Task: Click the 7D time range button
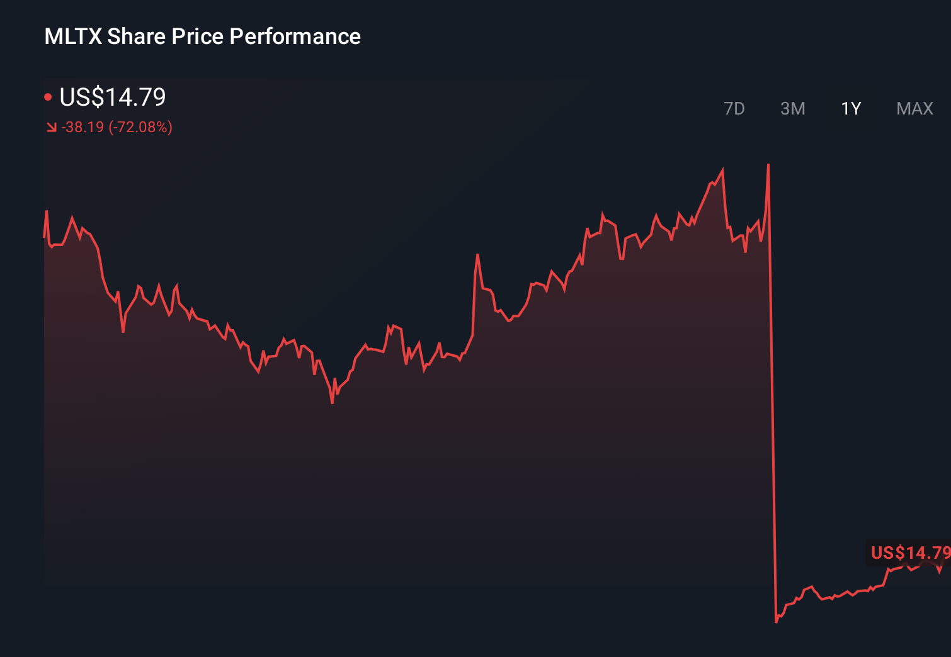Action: pos(734,109)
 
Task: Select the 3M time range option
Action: pos(792,109)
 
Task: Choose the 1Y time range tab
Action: pos(851,109)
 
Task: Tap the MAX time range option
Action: pos(914,109)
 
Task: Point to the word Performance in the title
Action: pos(295,36)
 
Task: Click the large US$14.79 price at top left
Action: pos(113,97)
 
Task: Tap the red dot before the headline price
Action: pos(48,97)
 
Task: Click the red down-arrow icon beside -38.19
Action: pos(51,128)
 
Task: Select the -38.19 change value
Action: pos(83,128)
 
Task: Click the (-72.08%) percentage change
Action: pos(140,128)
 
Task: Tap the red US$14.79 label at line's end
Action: pos(909,553)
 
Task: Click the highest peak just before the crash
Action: pos(768,165)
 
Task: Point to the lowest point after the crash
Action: pos(776,622)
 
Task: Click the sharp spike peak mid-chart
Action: pos(477,255)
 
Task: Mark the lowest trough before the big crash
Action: pos(332,402)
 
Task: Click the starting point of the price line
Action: pos(44,237)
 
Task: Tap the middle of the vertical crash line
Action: pos(772,393)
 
